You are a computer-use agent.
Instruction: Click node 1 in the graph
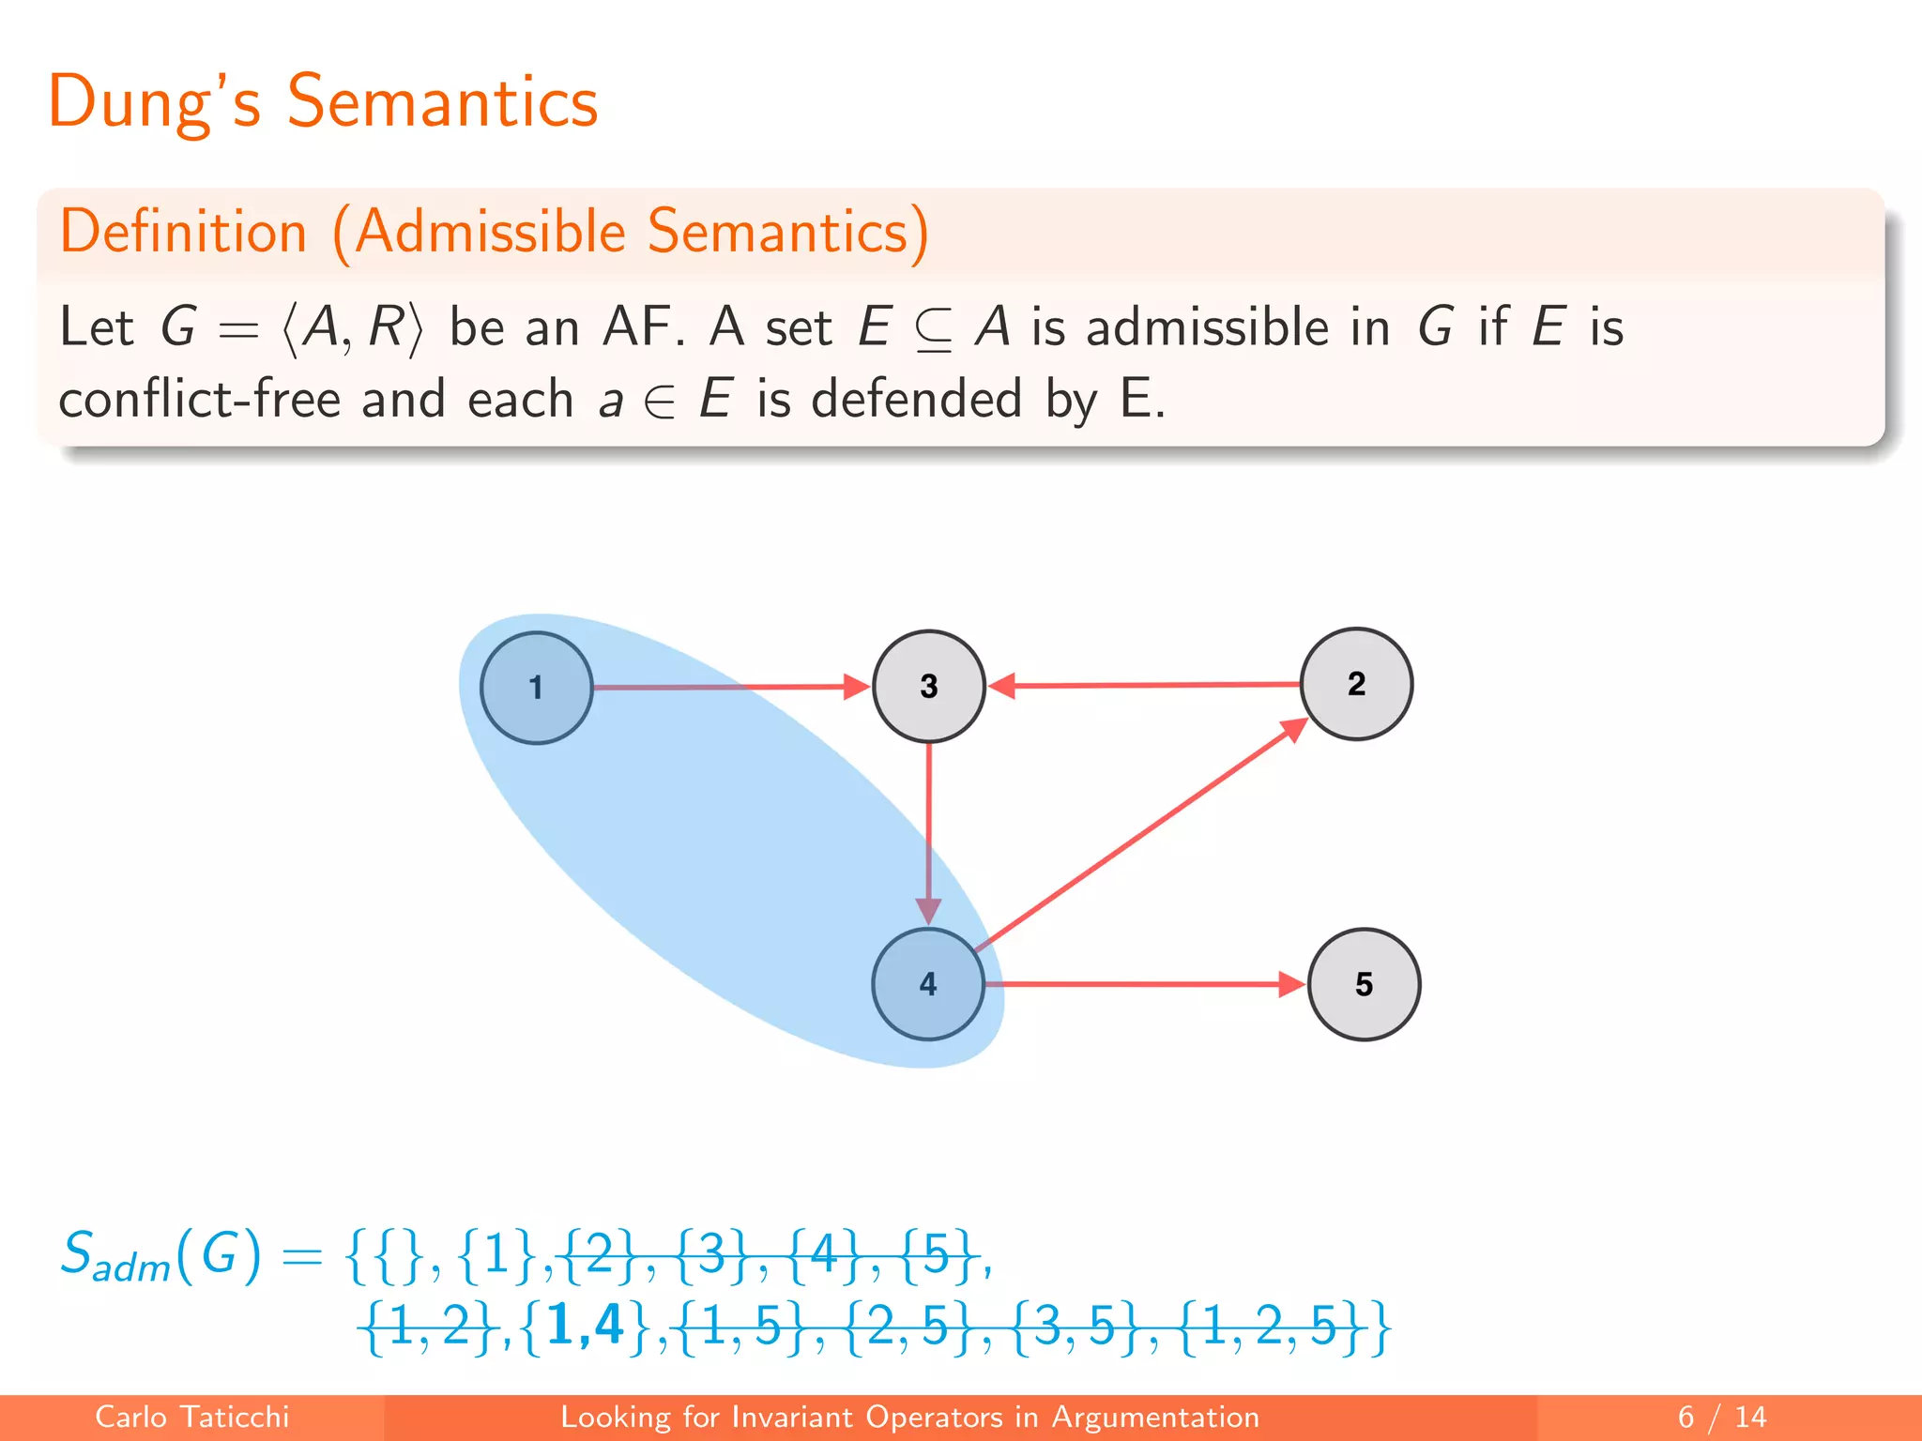click(536, 688)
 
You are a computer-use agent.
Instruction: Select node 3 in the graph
click(928, 686)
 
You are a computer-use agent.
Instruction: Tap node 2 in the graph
click(1356, 684)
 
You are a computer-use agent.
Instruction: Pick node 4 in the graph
click(928, 984)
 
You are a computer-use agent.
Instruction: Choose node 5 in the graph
click(1364, 984)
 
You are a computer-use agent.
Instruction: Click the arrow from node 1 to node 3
click(732, 688)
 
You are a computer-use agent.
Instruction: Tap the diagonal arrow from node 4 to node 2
click(1140, 835)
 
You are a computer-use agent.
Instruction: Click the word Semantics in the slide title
click(442, 101)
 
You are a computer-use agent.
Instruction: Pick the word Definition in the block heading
click(184, 232)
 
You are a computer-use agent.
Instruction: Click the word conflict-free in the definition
click(199, 399)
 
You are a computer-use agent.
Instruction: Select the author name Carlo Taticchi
click(192, 1417)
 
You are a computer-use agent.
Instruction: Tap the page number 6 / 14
click(1721, 1417)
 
